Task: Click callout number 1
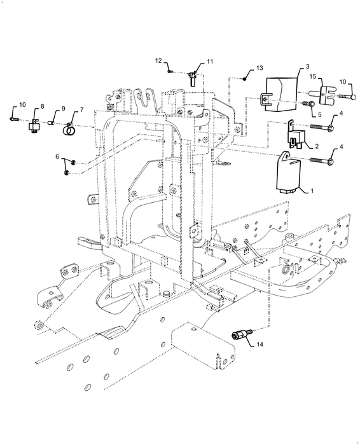[x=312, y=190]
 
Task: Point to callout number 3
[x=307, y=67]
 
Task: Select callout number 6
[x=58, y=156]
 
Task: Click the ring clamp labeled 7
[x=69, y=133]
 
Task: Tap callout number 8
[x=42, y=107]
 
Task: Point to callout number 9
[x=63, y=109]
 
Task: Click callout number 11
[x=209, y=64]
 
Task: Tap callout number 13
[x=260, y=67]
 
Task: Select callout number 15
[x=312, y=77]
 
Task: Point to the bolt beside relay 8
[x=16, y=118]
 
